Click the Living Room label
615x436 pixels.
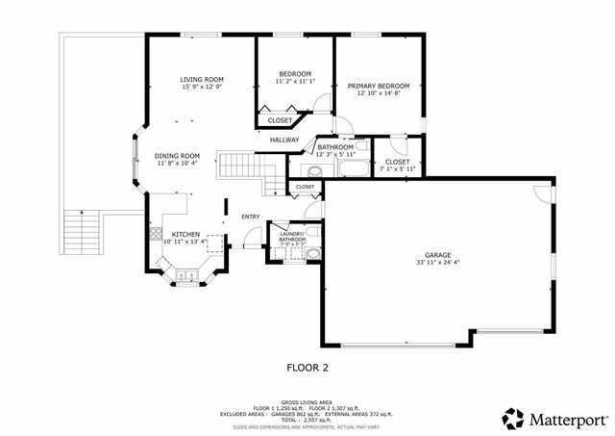click(x=202, y=79)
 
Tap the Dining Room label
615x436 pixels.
click(x=178, y=156)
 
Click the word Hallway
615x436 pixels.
click(x=284, y=141)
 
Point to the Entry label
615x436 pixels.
click(x=251, y=216)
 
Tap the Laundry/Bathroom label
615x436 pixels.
click(x=292, y=236)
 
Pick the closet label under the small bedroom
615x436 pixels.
click(x=281, y=120)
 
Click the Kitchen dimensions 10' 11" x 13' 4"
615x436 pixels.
click(x=185, y=242)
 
